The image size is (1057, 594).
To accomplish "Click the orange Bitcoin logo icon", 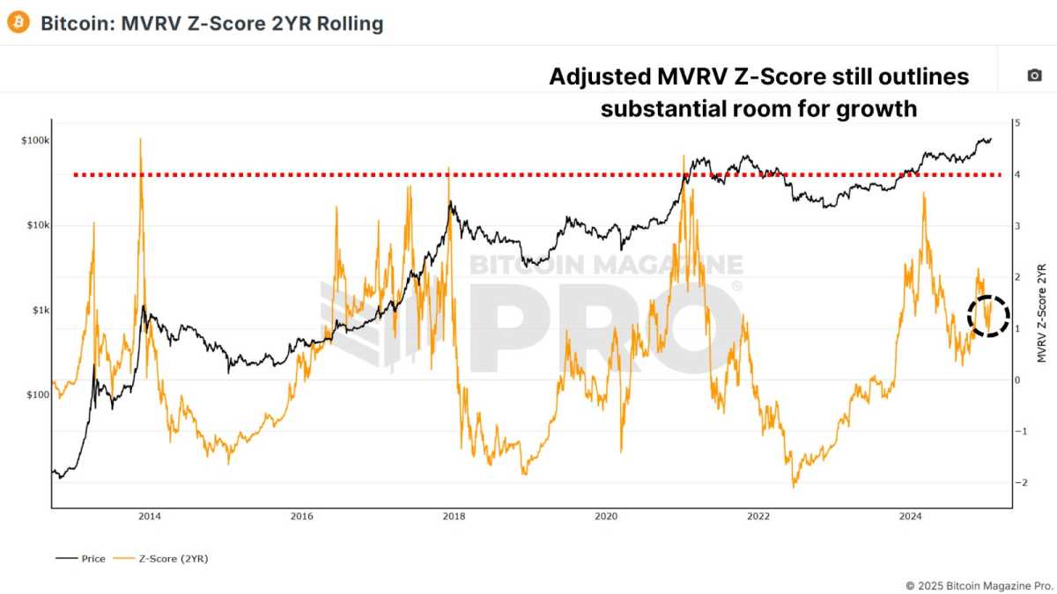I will [18, 23].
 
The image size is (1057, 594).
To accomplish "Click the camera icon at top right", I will [1034, 76].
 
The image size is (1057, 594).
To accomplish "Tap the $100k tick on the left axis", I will [35, 141].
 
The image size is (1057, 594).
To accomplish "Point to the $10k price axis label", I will [36, 225].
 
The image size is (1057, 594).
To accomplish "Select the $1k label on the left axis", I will [40, 310].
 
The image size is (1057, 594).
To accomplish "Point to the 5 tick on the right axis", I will [1017, 123].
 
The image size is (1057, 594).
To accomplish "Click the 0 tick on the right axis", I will [1017, 380].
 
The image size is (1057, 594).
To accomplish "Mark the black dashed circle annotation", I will [988, 315].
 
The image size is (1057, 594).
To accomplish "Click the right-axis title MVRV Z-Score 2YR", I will [1042, 312].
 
